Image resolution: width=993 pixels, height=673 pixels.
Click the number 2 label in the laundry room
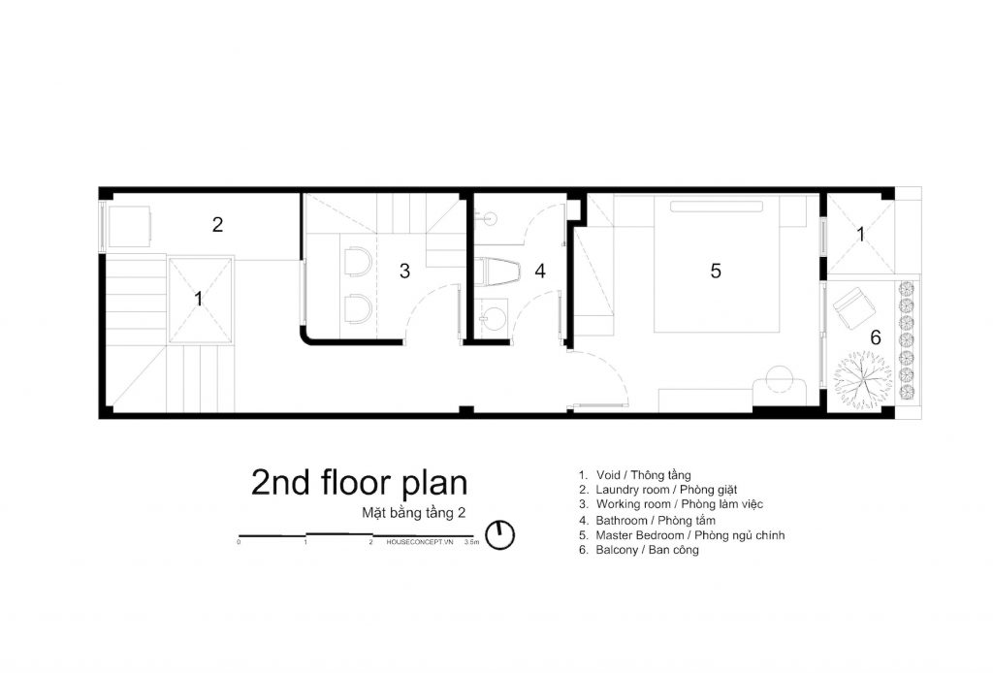(x=217, y=225)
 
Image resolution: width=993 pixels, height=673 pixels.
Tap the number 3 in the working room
(x=404, y=271)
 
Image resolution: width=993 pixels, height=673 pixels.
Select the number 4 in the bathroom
(x=540, y=271)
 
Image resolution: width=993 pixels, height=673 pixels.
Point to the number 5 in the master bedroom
(x=716, y=271)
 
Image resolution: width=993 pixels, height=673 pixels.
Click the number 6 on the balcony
(x=876, y=337)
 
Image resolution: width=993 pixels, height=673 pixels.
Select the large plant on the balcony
(x=862, y=381)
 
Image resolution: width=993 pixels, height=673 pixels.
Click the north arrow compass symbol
(x=499, y=535)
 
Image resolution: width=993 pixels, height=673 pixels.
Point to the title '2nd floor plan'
(x=359, y=483)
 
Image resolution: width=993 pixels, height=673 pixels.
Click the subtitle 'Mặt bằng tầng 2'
(x=413, y=513)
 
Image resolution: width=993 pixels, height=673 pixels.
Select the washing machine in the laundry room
(x=129, y=226)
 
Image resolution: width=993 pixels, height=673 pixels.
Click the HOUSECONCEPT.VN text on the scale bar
(x=420, y=542)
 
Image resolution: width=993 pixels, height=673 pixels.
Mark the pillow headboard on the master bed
(x=717, y=207)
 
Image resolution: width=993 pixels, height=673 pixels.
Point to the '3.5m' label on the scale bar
(x=472, y=542)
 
